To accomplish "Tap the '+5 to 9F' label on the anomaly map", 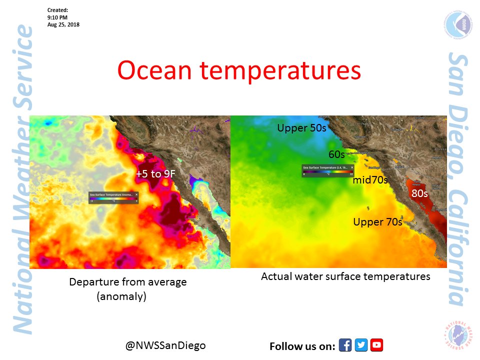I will tap(155, 174).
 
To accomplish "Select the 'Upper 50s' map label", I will tap(301, 128).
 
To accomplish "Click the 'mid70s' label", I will tap(370, 180).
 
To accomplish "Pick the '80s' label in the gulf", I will tap(419, 192).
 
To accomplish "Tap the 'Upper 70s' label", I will tap(377, 221).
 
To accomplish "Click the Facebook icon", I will tap(345, 345).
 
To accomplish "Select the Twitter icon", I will tap(361, 345).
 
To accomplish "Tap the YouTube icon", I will tap(376, 345).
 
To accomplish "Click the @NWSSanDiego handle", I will tap(165, 345).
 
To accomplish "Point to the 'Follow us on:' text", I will tap(301, 346).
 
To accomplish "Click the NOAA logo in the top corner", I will tap(454, 25).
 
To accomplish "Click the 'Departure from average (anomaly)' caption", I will tap(127, 288).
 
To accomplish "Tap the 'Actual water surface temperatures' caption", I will tap(345, 276).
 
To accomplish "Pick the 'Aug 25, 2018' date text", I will tap(63, 24).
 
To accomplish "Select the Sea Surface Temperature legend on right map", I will tap(327, 170).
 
